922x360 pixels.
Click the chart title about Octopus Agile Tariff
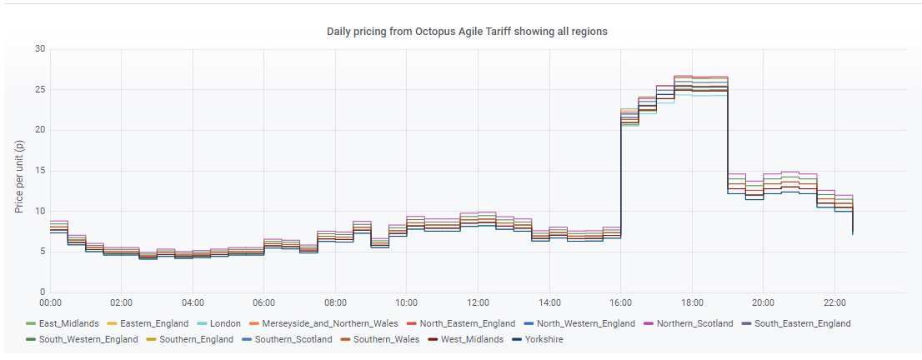[467, 32]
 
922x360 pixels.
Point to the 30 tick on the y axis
[40, 49]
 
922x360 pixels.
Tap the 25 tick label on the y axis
[40, 89]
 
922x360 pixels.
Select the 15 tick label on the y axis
[40, 171]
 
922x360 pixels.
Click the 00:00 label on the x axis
[50, 303]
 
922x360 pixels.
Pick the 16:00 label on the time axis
[620, 303]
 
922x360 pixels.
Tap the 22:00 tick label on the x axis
[834, 303]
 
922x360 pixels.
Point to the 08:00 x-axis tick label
[335, 303]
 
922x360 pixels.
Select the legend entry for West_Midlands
[467, 339]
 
